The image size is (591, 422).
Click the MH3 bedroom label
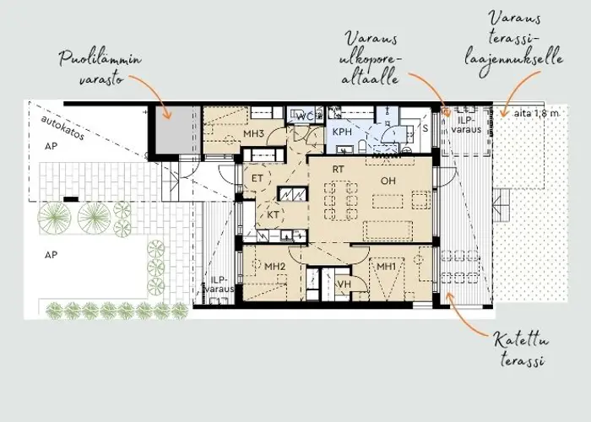pyautogui.click(x=253, y=133)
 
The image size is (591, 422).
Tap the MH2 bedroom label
pyautogui.click(x=274, y=267)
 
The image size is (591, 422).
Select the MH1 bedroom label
pyautogui.click(x=387, y=267)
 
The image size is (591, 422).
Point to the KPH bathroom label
pyautogui.click(x=342, y=132)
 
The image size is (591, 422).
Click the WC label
pyautogui.click(x=305, y=116)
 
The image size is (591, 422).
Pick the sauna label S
pyautogui.click(x=426, y=128)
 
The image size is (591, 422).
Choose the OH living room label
pyautogui.click(x=388, y=181)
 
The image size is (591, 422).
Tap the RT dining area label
pyautogui.click(x=338, y=170)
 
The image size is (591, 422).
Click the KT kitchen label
pyautogui.click(x=274, y=214)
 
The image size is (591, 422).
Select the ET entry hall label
pyautogui.click(x=257, y=178)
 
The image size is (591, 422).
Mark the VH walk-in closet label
pyautogui.click(x=344, y=284)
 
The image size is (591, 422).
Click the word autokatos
pyautogui.click(x=62, y=127)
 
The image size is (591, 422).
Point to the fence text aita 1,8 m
pyautogui.click(x=536, y=113)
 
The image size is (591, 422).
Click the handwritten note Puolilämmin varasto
pyautogui.click(x=100, y=69)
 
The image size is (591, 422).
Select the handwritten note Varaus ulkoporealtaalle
pyautogui.click(x=370, y=58)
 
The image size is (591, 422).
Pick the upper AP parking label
pyautogui.click(x=52, y=146)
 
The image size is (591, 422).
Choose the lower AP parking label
pyautogui.click(x=52, y=255)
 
